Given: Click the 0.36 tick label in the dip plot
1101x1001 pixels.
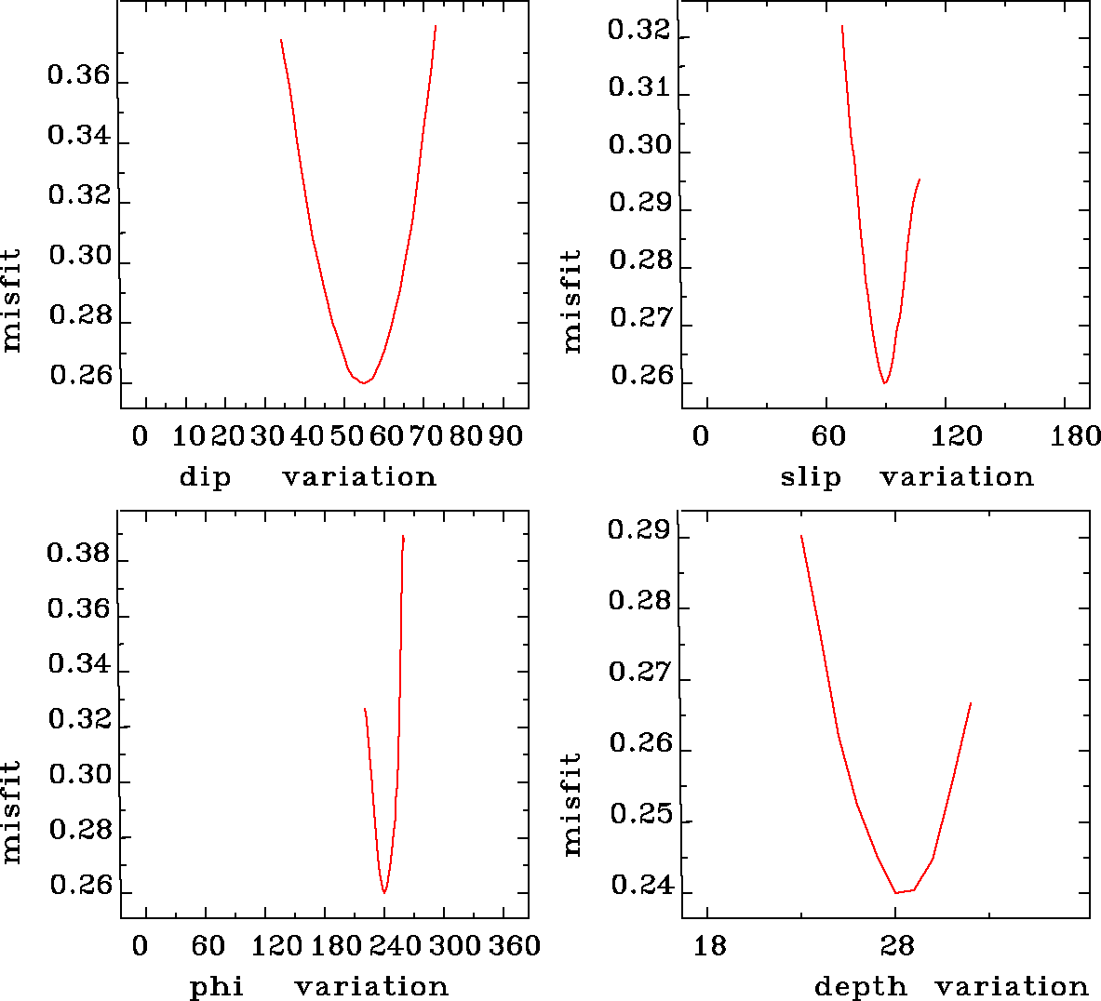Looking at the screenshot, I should coord(79,76).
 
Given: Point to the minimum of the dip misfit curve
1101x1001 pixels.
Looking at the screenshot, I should coord(363,382).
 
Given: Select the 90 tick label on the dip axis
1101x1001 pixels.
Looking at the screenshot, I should coord(505,436).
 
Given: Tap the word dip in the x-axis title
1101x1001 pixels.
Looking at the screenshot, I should coord(205,477).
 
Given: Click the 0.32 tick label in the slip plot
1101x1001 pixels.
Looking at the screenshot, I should coord(638,31).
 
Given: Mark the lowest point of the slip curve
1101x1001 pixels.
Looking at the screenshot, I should coord(884,382).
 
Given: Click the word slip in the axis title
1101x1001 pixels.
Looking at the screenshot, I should coord(811,477).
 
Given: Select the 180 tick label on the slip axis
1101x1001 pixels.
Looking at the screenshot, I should coord(1075,436).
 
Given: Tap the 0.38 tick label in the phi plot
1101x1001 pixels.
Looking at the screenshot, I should coord(79,554).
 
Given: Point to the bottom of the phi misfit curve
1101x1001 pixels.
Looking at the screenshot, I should coord(383,892).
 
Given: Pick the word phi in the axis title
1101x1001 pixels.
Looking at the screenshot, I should coord(217,986).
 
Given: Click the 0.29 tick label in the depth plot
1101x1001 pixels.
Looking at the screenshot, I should coord(638,531).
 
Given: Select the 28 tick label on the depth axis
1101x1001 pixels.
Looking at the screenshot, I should coord(896,947).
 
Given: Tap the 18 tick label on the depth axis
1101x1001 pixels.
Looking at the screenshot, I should coord(710,947).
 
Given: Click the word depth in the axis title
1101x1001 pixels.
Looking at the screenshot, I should coord(860,986).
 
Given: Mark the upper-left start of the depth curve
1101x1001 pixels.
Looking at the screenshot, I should coord(801,536).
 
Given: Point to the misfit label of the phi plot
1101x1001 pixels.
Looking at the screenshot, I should coord(11,811).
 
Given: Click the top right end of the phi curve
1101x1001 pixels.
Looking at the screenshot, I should coord(403,536).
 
